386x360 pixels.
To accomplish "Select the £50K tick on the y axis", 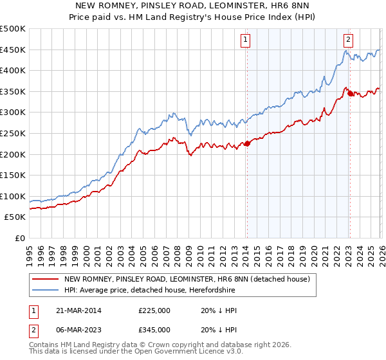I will click(x=15, y=217).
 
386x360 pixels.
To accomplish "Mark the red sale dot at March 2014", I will click(x=247, y=144).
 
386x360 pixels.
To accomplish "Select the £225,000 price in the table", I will click(x=154, y=310).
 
